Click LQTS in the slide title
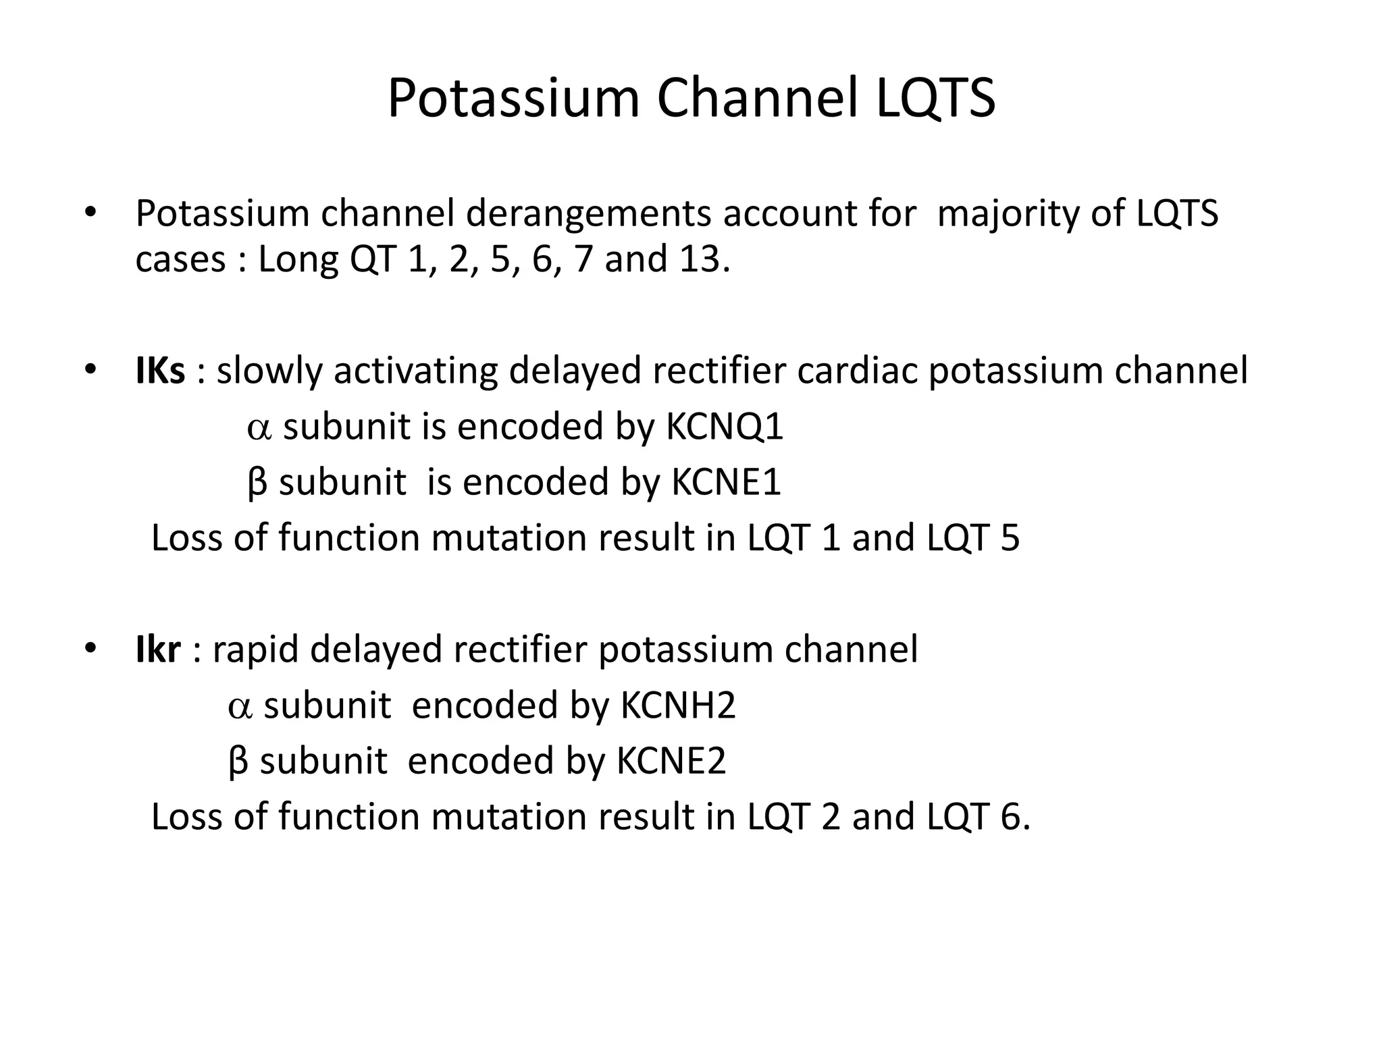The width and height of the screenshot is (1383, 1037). click(x=935, y=99)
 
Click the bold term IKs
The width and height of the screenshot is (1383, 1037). click(x=160, y=371)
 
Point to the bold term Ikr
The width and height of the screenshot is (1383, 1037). click(x=158, y=649)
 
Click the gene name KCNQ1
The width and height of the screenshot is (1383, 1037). click(x=725, y=427)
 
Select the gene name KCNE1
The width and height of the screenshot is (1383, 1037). click(x=726, y=482)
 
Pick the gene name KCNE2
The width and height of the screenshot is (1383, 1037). click(x=671, y=761)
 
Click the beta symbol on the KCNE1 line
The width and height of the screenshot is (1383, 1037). click(x=257, y=483)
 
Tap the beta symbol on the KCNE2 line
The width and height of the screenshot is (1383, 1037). click(x=238, y=762)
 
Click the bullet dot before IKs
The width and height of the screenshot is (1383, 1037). click(x=90, y=371)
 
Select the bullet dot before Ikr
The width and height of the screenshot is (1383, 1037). click(x=90, y=649)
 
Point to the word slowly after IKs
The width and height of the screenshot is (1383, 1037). click(x=269, y=371)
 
